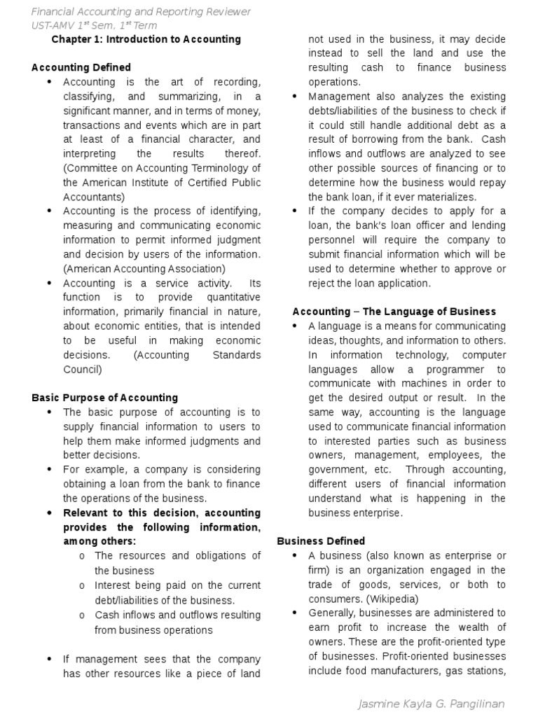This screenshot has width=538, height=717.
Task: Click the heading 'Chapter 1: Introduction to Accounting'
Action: tap(146, 39)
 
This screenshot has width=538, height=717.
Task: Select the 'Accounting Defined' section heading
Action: tap(81, 67)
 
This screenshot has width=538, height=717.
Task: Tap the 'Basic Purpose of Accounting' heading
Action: tap(105, 397)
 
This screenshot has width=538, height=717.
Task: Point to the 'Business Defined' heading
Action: tap(321, 541)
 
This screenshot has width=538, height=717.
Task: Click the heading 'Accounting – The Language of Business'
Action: tap(394, 311)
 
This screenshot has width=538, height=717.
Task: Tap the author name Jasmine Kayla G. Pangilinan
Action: tap(431, 703)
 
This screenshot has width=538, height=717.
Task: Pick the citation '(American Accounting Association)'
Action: tap(144, 268)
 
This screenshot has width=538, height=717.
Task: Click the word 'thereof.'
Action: tap(240, 153)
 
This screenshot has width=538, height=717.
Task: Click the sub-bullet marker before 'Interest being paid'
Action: tap(82, 585)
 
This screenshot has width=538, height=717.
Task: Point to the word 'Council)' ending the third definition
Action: tap(83, 369)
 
